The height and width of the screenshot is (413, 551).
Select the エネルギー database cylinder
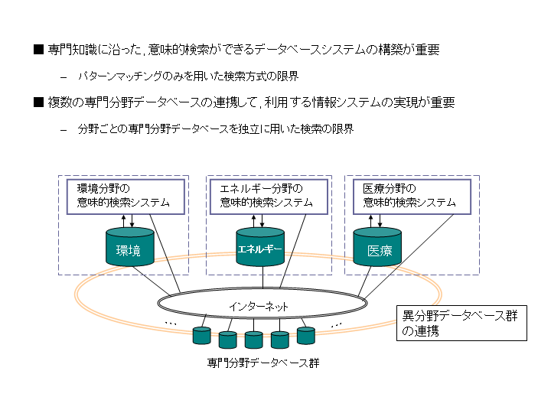pos(260,248)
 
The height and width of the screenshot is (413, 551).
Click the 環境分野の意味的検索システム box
pos(125,197)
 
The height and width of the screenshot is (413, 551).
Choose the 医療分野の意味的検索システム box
pos(409,197)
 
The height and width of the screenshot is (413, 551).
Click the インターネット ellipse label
pos(259,306)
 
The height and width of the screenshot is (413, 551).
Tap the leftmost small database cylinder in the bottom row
pos(202,335)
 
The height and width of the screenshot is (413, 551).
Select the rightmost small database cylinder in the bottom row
pos(306,335)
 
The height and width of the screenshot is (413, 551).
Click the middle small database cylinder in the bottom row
pos(254,339)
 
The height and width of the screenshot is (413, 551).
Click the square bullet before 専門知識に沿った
pos(38,50)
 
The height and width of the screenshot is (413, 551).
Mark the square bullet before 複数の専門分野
pos(38,102)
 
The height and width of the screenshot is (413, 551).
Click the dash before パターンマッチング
pos(64,76)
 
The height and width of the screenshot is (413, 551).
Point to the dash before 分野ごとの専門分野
pos(64,129)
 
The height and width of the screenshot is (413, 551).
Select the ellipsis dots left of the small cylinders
pos(171,324)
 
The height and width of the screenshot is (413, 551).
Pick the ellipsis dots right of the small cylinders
pos(336,324)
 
